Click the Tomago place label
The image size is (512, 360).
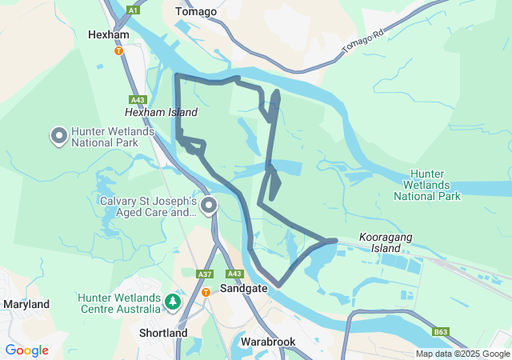pyautogui.click(x=196, y=11)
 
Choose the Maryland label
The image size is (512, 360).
pyautogui.click(x=26, y=304)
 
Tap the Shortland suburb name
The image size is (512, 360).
pyautogui.click(x=163, y=333)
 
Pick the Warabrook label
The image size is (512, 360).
pyautogui.click(x=268, y=342)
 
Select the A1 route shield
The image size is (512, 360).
pyautogui.click(x=133, y=10)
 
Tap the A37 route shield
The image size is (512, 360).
pyautogui.click(x=204, y=274)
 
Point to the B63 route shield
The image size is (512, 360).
pyautogui.click(x=441, y=331)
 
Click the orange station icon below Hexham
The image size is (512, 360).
pyautogui.click(x=118, y=50)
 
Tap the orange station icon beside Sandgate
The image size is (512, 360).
pyautogui.click(x=206, y=292)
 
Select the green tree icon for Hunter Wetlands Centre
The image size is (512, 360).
pyautogui.click(x=173, y=302)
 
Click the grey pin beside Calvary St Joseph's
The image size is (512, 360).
pyautogui.click(x=209, y=206)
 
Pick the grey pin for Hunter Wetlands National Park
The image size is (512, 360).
pyautogui.click(x=59, y=136)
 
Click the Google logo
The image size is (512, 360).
pyautogui.click(x=26, y=350)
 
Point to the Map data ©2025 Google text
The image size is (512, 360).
pyautogui.click(x=462, y=354)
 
